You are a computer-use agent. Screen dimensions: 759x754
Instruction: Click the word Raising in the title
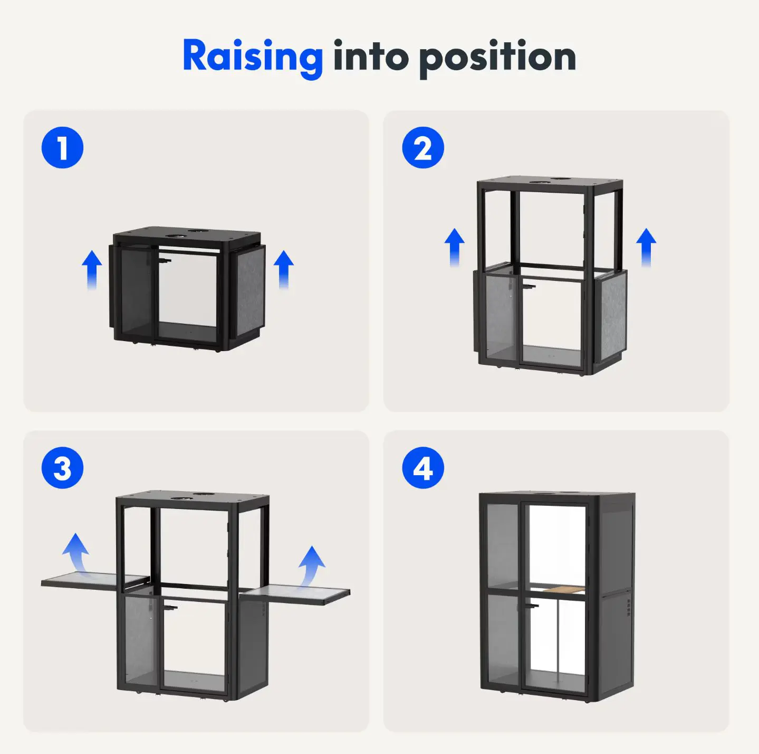[x=253, y=57]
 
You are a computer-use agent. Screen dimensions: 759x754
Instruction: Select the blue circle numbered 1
[x=62, y=147]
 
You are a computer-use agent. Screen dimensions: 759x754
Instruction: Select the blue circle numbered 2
[x=422, y=147]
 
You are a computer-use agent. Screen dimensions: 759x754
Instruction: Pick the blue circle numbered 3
[x=62, y=468]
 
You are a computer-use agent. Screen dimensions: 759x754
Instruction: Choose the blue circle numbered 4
[x=422, y=468]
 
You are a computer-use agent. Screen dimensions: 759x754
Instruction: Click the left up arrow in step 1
[x=92, y=270]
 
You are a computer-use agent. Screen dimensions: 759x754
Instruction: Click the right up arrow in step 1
[x=284, y=270]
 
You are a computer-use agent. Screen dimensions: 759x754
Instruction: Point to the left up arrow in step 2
[x=455, y=248]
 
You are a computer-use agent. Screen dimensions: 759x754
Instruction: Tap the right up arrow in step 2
[x=646, y=248]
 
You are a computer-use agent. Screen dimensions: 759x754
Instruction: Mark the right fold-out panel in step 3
[x=296, y=595]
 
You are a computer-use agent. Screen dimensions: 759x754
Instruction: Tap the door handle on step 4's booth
[x=532, y=605]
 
